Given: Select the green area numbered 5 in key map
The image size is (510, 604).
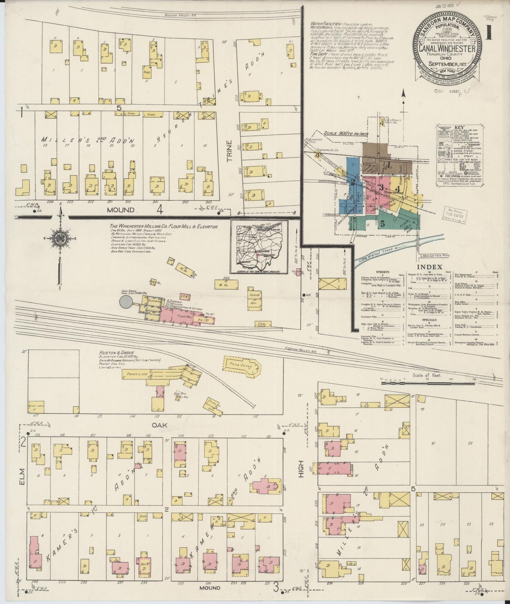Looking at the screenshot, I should click(383, 223).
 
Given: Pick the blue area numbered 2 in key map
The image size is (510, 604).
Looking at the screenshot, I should click(352, 182).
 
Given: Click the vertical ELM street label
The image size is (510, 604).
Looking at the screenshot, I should click(22, 476).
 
